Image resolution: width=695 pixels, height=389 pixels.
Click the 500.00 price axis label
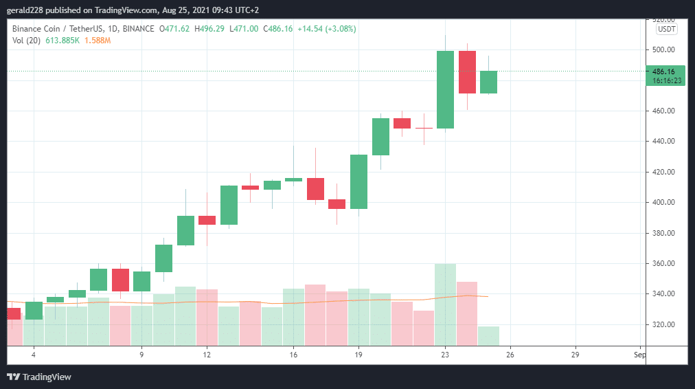pyautogui.click(x=663, y=50)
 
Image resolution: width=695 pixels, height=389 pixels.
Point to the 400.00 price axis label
pyautogui.click(x=663, y=203)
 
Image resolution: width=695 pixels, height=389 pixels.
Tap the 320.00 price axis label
pyautogui.click(x=663, y=324)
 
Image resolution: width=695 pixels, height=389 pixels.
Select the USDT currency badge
pyautogui.click(x=666, y=29)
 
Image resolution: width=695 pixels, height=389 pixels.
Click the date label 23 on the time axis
pyautogui.click(x=445, y=355)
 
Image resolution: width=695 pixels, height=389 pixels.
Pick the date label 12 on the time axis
pyautogui.click(x=206, y=355)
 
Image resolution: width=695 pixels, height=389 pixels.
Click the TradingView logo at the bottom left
pyautogui.click(x=39, y=377)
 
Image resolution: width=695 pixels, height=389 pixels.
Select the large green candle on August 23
pyautogui.click(x=445, y=89)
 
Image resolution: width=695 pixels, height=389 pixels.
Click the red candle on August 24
pyautogui.click(x=467, y=72)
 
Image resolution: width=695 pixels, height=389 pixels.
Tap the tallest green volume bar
pyautogui.click(x=445, y=304)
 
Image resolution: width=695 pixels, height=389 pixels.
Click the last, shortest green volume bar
pyautogui.click(x=488, y=336)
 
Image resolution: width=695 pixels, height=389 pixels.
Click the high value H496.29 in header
pyautogui.click(x=209, y=29)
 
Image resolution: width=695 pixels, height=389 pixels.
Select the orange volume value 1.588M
pyautogui.click(x=98, y=41)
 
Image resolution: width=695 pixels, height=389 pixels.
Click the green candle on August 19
pyautogui.click(x=358, y=181)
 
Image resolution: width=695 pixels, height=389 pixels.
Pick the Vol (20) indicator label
pyautogui.click(x=25, y=41)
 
